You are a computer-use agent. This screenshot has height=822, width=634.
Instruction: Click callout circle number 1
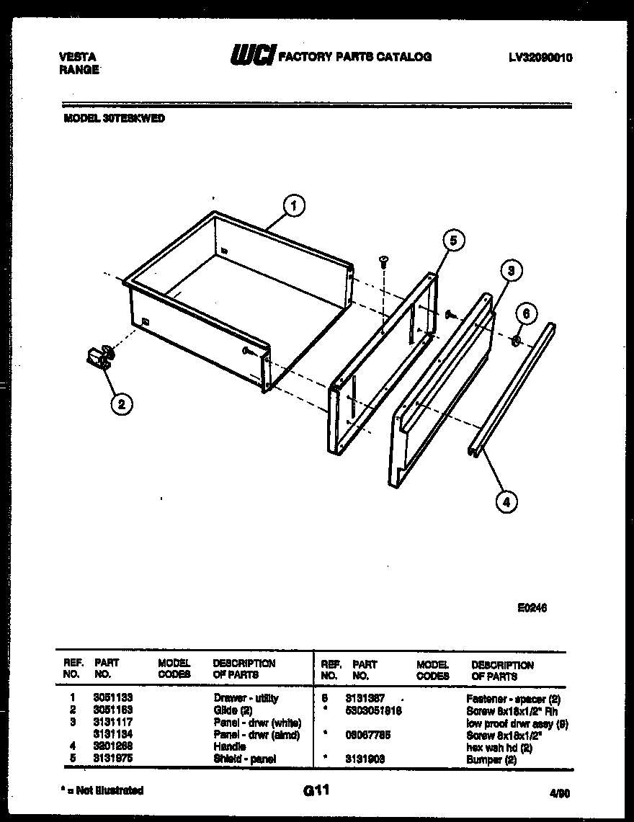coord(293,206)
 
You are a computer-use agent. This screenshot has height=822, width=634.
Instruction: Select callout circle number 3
coord(510,272)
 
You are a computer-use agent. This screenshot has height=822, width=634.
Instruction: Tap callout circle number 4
coord(506,501)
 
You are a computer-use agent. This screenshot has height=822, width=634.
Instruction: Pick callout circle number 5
coord(452,241)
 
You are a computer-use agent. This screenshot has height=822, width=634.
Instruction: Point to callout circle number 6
coord(527,314)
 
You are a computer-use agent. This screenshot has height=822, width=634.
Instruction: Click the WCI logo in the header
coord(251,55)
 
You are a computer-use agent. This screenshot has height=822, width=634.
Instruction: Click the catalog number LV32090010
coord(540,58)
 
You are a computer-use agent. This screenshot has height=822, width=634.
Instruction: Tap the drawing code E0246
coord(532,608)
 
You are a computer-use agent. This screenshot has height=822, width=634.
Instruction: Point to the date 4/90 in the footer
coord(558,793)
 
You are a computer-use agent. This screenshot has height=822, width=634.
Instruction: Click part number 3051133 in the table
coord(113,698)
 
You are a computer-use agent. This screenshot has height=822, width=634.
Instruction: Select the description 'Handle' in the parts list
coord(230,747)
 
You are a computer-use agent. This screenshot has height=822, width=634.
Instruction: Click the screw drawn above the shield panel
coord(384,262)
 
